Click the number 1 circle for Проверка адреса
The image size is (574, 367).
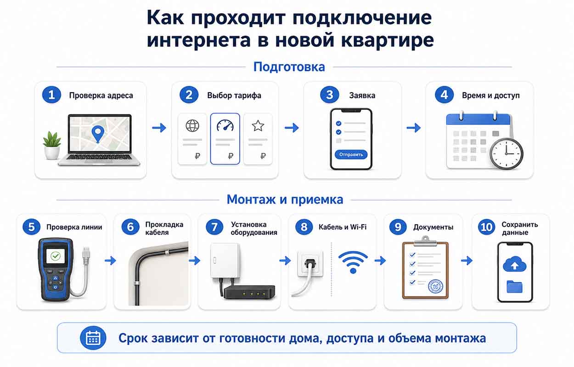coord(51,95)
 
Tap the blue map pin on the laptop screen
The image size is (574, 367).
coord(98,134)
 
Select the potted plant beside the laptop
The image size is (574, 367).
coord(52,145)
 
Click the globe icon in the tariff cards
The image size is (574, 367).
coord(192,126)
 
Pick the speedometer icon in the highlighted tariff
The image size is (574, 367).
coord(225,125)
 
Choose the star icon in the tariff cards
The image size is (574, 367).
coord(258,126)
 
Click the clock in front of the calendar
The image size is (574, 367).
coord(506,154)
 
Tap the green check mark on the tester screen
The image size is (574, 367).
coord(56,256)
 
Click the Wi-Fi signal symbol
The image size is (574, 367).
coord(353,262)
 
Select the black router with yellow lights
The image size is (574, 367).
coord(249,292)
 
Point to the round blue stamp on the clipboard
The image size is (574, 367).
coord(435,286)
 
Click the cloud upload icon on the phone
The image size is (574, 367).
coord(515,264)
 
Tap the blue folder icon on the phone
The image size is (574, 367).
coord(514,287)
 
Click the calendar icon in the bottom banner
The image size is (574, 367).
coord(93,338)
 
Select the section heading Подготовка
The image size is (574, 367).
coord(289,67)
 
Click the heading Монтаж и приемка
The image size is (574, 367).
coord(285,200)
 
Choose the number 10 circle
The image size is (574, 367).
coord(487,227)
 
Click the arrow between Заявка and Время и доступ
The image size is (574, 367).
coord(414,128)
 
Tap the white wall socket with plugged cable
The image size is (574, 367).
coord(310,264)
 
